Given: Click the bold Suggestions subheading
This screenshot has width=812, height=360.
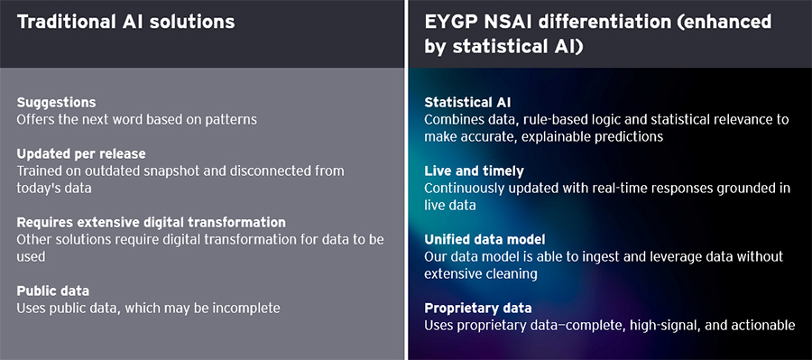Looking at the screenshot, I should (x=56, y=102).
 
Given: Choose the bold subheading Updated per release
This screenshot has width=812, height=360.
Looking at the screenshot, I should (x=80, y=154).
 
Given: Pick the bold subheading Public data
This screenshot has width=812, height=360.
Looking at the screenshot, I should (x=53, y=291).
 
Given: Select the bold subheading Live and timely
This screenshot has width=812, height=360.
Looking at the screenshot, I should (x=474, y=171).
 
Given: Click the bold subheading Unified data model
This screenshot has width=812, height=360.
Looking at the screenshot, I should (x=486, y=239).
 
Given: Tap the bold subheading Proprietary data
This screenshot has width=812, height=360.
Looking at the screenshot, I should (x=478, y=308).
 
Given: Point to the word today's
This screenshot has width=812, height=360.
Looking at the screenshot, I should (x=41, y=187).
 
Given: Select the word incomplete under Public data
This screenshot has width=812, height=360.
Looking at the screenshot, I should (x=248, y=308).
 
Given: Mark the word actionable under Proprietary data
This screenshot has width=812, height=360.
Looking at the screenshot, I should (x=764, y=325).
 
